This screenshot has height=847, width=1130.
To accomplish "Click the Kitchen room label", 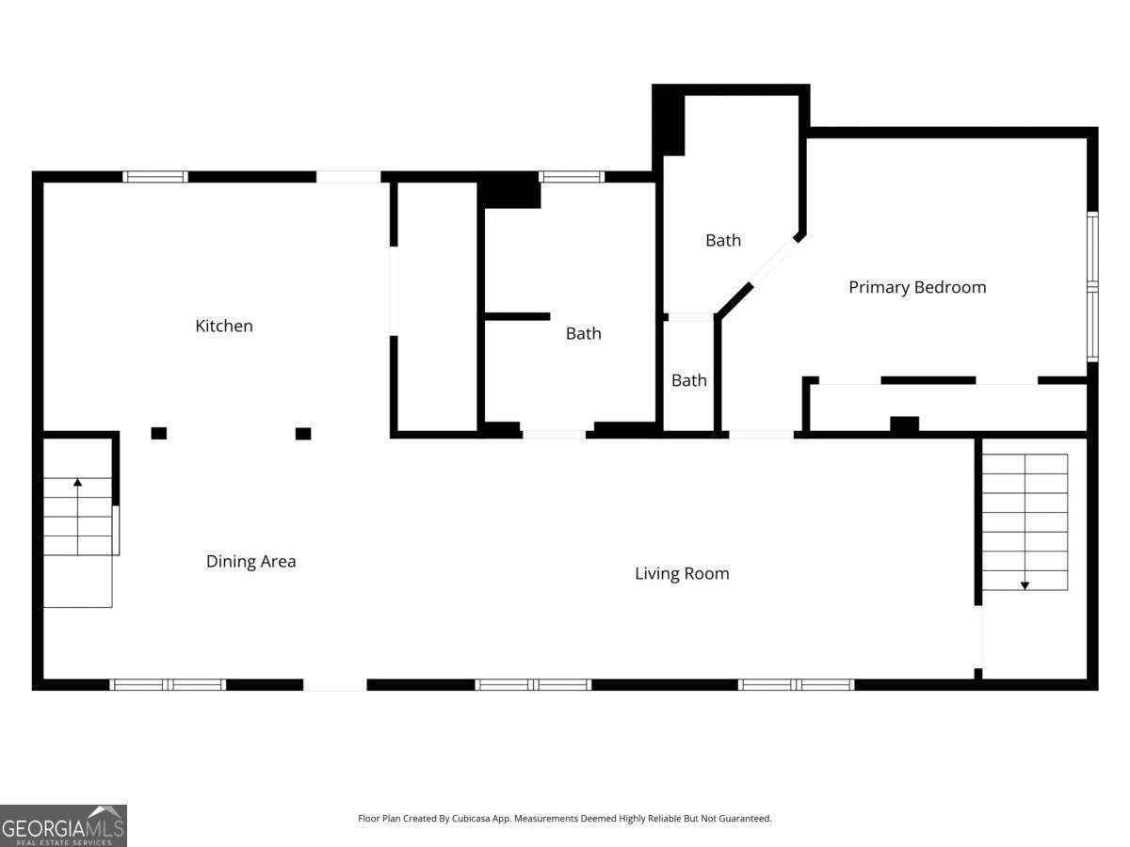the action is pyautogui.click(x=224, y=326).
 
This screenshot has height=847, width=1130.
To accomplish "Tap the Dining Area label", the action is pyautogui.click(x=251, y=561).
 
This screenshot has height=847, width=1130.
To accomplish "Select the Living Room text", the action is pyautogui.click(x=682, y=574).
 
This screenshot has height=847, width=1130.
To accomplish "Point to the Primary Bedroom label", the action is pyautogui.click(x=917, y=287).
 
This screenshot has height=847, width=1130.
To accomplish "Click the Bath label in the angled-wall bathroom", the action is pyautogui.click(x=723, y=240).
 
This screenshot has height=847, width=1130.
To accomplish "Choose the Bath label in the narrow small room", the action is pyautogui.click(x=688, y=380).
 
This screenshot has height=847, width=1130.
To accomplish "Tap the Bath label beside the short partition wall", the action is pyautogui.click(x=583, y=334).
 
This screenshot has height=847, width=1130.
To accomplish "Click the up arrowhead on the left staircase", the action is pyautogui.click(x=78, y=483).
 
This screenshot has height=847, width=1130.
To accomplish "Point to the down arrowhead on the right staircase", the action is pyautogui.click(x=1025, y=585).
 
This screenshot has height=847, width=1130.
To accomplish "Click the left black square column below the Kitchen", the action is pyautogui.click(x=158, y=434).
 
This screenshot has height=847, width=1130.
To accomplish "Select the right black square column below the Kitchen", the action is pyautogui.click(x=303, y=434).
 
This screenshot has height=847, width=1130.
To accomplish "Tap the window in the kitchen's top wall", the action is pyautogui.click(x=155, y=177).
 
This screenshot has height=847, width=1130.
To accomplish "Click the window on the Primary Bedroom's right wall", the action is pyautogui.click(x=1092, y=287).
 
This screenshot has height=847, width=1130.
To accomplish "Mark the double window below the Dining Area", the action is pyautogui.click(x=168, y=685).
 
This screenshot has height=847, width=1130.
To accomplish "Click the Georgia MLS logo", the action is pyautogui.click(x=63, y=826).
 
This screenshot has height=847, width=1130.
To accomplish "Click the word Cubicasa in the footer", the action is pyautogui.click(x=471, y=818).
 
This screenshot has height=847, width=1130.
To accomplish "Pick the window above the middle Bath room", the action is pyautogui.click(x=572, y=177).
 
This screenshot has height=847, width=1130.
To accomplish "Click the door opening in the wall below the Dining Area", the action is pyautogui.click(x=335, y=685).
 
